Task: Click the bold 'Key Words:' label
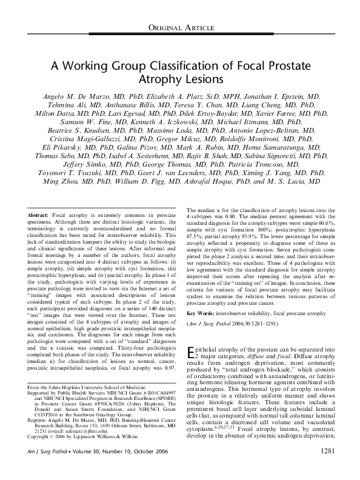pyautogui.click(x=204, y=313)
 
